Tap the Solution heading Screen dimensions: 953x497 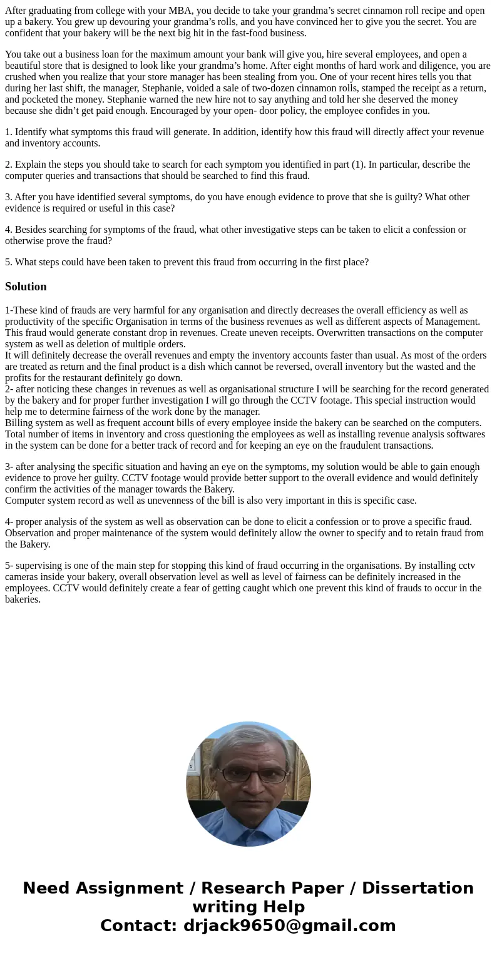pos(26,287)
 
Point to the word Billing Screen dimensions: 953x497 pos(19,423)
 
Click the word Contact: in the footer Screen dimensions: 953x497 pos(139,925)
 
